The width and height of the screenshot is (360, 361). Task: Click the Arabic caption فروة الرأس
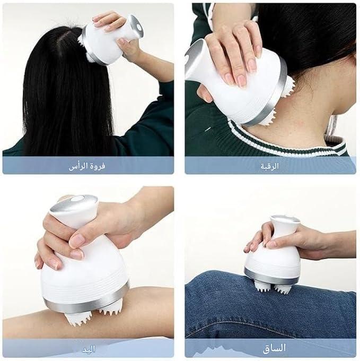pos(87,166)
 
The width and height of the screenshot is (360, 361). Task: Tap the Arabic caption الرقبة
pos(270,166)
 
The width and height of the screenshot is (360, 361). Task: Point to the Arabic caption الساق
pos(274,348)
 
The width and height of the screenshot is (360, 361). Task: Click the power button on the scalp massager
pos(139,28)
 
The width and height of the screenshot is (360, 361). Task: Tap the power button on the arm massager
pos(78,198)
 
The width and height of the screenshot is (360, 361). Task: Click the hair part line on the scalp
pos(60,44)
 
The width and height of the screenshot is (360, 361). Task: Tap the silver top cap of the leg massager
pos(286,218)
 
